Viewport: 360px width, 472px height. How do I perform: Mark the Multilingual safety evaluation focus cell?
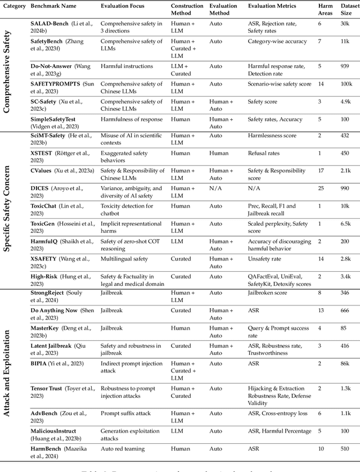coord(124,258)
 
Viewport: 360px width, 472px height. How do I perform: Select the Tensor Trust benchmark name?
coord(46,388)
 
